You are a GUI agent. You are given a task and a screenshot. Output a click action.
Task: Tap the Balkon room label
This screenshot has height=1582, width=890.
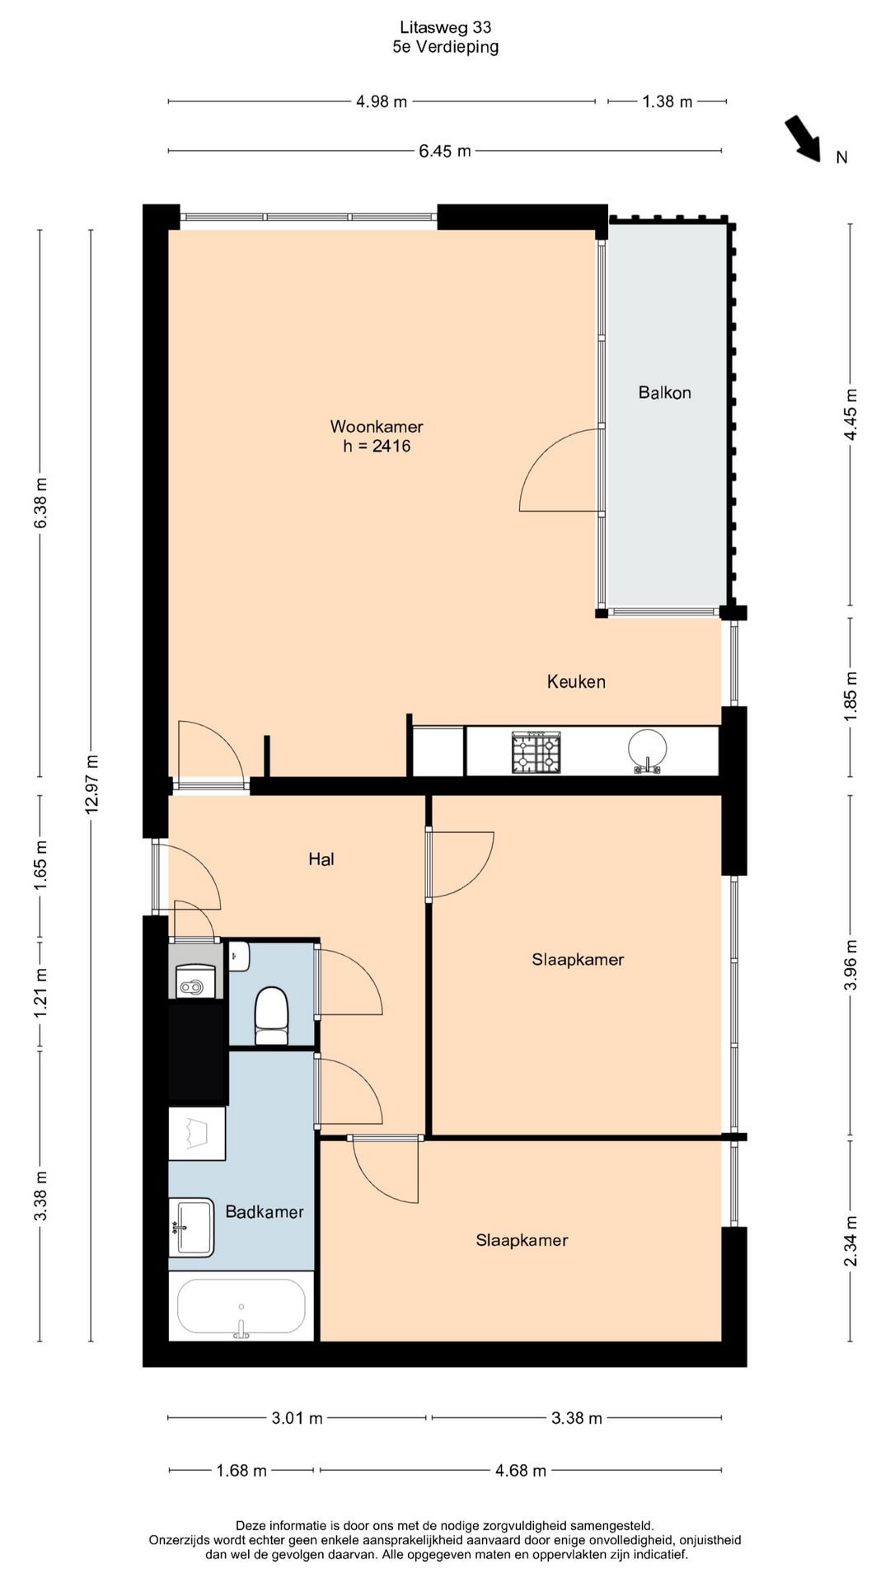pos(664,392)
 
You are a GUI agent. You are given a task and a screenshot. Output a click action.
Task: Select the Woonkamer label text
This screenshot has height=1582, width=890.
pos(377,426)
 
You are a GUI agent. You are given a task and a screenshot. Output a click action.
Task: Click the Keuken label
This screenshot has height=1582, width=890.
pos(576,681)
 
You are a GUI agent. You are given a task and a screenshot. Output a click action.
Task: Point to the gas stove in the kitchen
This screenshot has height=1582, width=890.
pos(536,752)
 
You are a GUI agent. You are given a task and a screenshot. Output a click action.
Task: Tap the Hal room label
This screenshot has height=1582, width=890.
pos(321,859)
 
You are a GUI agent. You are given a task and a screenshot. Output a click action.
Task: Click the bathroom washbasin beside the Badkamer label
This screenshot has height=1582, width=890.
pos(193,1227)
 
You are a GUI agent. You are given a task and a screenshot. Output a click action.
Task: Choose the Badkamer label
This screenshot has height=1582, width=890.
pos(265,1212)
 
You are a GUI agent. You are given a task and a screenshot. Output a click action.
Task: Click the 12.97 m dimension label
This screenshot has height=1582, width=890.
pos(91,784)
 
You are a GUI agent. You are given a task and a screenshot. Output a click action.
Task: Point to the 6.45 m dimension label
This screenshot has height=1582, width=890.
pos(445,151)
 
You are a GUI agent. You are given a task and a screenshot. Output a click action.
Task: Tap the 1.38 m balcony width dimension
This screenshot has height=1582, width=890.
pos(667,101)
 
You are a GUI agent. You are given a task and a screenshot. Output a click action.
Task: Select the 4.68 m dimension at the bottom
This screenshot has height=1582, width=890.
pos(521,1470)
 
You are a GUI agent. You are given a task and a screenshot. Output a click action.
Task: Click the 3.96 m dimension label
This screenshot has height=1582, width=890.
pos(851,965)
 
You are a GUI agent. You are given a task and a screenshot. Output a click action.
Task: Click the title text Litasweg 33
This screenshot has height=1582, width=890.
pos(445,28)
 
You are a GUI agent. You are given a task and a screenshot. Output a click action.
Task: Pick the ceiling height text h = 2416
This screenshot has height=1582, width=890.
pos(377,446)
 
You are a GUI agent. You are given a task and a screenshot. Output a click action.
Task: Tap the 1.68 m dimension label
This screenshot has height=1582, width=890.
pos(241,1470)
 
